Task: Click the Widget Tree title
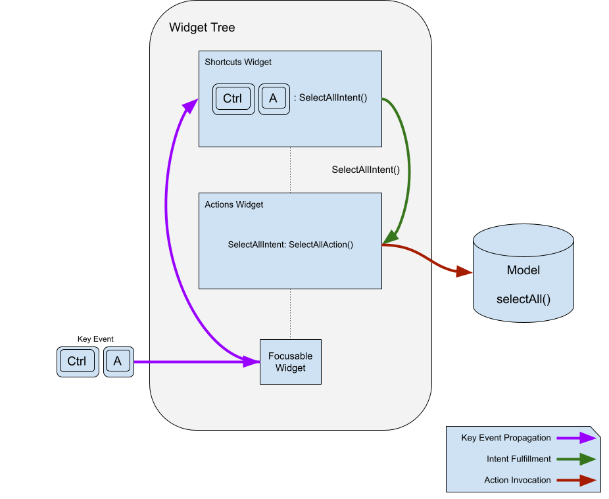(x=202, y=28)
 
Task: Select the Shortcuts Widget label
(x=238, y=62)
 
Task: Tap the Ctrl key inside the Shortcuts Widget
(x=233, y=99)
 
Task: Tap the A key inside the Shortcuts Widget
(x=274, y=99)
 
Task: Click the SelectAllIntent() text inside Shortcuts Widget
(x=333, y=98)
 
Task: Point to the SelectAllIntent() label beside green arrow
(x=366, y=170)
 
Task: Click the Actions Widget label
(x=233, y=205)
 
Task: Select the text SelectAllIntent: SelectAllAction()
(x=291, y=245)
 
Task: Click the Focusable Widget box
(x=291, y=362)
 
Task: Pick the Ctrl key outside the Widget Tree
(x=77, y=361)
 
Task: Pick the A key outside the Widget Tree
(x=118, y=361)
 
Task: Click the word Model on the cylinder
(x=523, y=270)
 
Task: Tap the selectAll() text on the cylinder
(x=523, y=299)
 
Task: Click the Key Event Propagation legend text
(x=506, y=438)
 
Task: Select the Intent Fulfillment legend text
(x=518, y=459)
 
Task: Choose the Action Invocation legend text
(x=518, y=480)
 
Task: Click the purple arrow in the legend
(x=575, y=438)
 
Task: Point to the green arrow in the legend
(x=575, y=459)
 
